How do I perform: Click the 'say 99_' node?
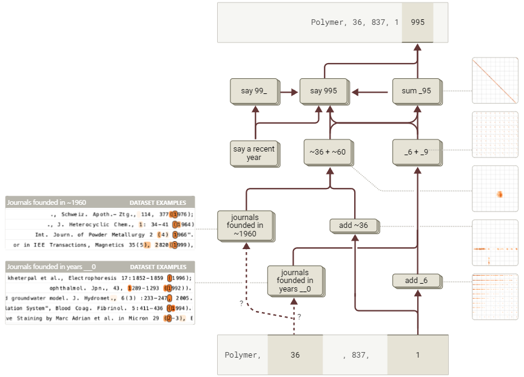tap(254, 92)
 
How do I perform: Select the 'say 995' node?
tap(324, 92)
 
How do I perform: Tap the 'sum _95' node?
tap(417, 92)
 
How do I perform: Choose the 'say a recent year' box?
tap(254, 153)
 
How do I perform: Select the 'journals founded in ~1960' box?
tap(245, 225)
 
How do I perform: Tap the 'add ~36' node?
tap(354, 226)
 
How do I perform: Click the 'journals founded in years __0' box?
tap(294, 281)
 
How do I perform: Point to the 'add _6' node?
tap(417, 281)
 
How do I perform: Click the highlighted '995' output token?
tap(417, 22)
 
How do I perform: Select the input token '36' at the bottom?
tap(295, 355)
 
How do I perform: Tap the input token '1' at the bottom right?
tap(417, 355)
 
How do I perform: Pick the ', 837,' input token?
tap(355, 355)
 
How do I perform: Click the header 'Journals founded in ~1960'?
tap(45, 202)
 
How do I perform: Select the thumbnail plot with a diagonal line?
tap(495, 81)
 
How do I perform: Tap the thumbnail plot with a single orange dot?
tap(495, 189)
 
